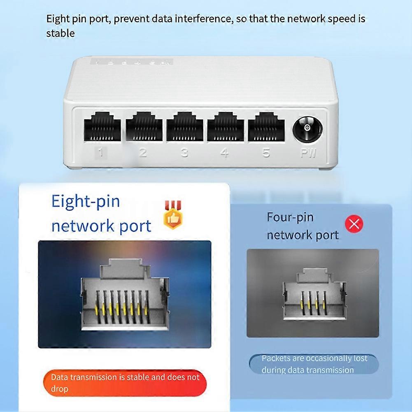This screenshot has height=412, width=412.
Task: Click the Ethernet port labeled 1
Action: [102, 127]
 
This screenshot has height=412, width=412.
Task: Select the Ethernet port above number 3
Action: [185, 127]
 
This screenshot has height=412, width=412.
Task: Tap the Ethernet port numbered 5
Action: [266, 127]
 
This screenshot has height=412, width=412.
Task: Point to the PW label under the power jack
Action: [308, 153]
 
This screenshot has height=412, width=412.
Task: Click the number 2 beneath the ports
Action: [143, 153]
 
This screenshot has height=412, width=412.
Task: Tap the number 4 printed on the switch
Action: [224, 153]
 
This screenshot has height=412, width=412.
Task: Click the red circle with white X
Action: [354, 224]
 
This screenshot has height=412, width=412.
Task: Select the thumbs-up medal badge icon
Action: [172, 215]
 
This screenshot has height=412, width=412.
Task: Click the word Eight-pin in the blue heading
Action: [85, 202]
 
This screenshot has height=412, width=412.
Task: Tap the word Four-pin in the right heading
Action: [290, 218]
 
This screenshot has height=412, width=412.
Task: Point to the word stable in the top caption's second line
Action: [61, 33]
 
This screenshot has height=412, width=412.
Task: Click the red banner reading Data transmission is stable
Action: [125, 383]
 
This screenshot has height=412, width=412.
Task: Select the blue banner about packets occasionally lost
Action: [314, 364]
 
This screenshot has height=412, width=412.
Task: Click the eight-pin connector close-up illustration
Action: [125, 295]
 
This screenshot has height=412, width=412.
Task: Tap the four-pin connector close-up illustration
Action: [313, 293]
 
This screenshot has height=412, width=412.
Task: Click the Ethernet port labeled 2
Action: [144, 127]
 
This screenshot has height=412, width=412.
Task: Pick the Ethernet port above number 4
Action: [226, 127]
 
